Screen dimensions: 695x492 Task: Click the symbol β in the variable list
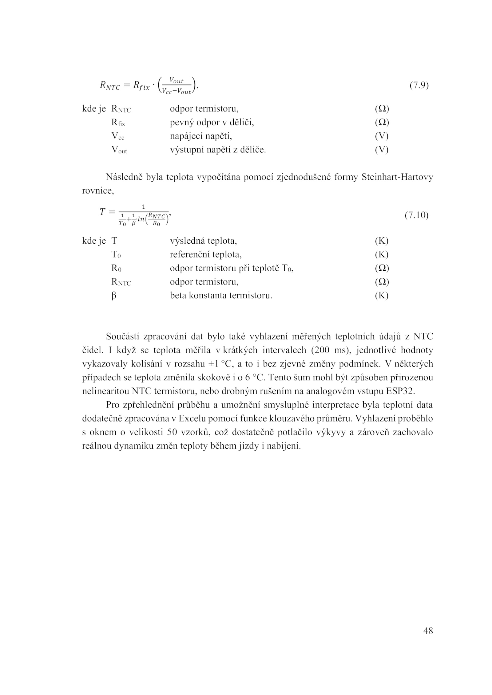(114, 296)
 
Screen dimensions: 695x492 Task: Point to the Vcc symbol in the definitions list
(117, 136)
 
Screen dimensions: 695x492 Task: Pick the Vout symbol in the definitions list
(119, 150)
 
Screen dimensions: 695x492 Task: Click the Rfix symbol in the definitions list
(118, 123)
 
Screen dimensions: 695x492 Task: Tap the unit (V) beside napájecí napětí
(382, 136)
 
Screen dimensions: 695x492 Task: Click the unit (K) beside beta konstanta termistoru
(382, 296)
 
